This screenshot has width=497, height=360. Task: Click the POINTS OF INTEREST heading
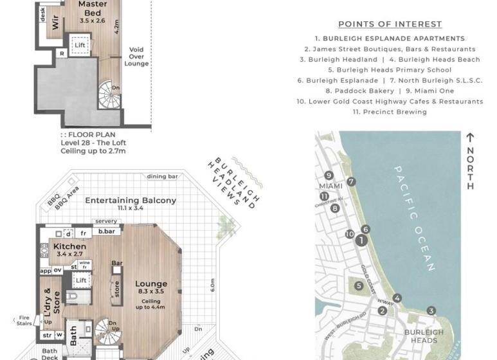(390, 24)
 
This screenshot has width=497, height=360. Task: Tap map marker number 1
(362, 240)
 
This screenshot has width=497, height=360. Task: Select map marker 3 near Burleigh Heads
(431, 310)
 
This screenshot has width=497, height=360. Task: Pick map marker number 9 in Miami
(329, 175)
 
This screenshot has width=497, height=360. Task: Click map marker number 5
(359, 285)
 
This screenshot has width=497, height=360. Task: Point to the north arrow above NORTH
(470, 138)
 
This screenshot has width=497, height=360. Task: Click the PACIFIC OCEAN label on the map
(415, 219)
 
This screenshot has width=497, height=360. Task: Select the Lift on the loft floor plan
(80, 46)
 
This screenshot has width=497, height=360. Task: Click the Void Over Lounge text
(136, 56)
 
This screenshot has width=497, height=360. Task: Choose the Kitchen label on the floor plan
(69, 246)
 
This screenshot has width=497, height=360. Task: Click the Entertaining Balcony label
(131, 200)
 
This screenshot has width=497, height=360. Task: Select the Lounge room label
(151, 283)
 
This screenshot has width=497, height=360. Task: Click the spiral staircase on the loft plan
(111, 96)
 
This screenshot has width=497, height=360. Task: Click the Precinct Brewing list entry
(390, 112)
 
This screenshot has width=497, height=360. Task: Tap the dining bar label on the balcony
(162, 176)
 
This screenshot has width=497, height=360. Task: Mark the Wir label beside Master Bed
(55, 24)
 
